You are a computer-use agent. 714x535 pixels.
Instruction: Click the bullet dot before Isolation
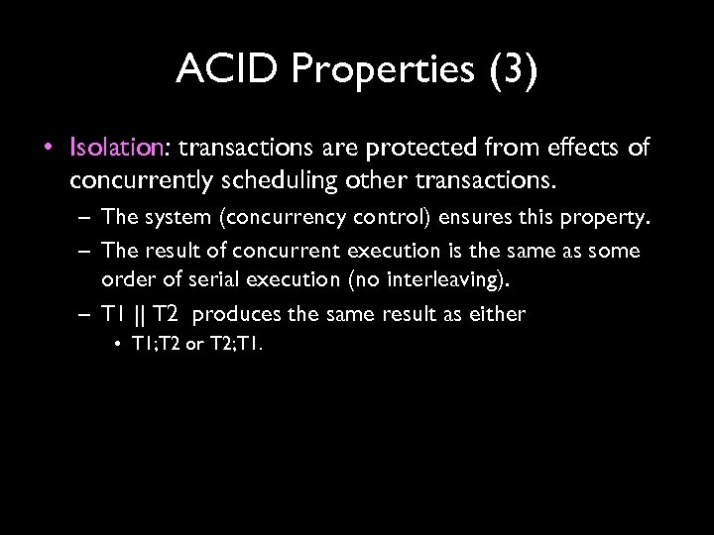click(x=50, y=149)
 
